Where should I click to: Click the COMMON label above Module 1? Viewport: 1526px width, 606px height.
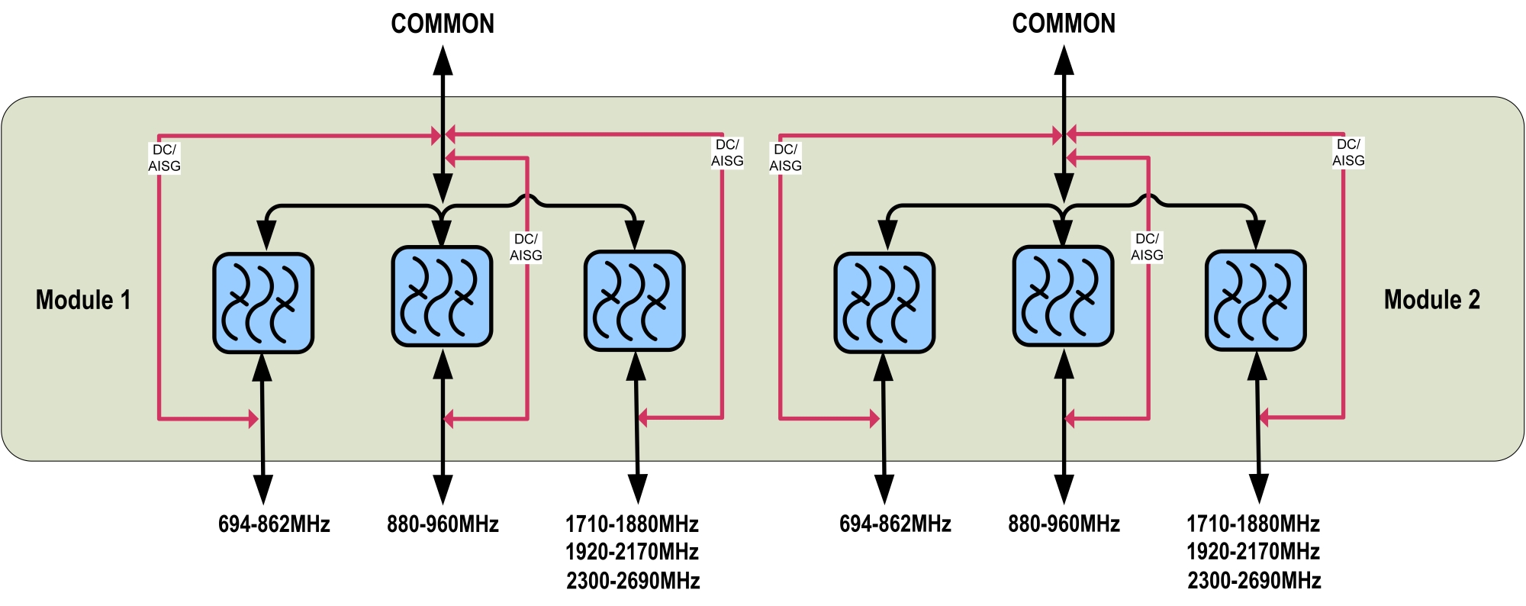pos(443,24)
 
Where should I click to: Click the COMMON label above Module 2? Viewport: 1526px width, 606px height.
pos(1064,24)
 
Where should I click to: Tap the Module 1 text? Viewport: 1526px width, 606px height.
pos(83,300)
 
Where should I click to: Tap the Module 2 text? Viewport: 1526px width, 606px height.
pos(1432,300)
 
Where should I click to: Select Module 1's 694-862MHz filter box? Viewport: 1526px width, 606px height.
pos(263,303)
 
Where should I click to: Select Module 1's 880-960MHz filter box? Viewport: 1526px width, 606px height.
pos(442,296)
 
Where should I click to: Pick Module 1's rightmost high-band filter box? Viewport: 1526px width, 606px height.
pos(635,301)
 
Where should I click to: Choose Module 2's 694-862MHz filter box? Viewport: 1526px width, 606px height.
pos(884,303)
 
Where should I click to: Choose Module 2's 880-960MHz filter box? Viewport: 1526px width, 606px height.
pos(1063,296)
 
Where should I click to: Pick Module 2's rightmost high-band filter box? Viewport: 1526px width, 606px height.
pos(1256,301)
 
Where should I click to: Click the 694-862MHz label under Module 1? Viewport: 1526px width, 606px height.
pos(274,524)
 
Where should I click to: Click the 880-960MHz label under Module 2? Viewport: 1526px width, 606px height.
pos(1064,524)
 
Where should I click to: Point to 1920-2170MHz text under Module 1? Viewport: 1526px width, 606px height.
pos(633,552)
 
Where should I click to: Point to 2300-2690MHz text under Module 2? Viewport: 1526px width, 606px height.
pos(1254,581)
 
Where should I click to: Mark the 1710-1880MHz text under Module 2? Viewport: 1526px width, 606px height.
pos(1254,524)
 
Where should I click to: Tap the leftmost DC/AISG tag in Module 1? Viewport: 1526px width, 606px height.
pos(165,158)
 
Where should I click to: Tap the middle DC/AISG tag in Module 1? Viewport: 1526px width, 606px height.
pos(526,247)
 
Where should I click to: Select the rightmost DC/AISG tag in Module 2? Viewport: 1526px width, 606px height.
pos(1348,153)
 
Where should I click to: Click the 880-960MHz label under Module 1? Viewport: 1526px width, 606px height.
pos(443,524)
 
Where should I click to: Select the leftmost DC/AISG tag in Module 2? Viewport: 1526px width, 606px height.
pos(786,158)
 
